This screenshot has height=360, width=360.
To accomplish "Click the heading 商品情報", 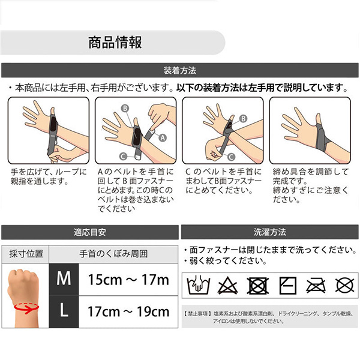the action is pos(115,42).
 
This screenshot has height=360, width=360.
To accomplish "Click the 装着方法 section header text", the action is pos(180,70).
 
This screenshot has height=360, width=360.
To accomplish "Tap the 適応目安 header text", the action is pos(90,232).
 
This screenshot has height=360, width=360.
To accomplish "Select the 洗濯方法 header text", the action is pos(270,232).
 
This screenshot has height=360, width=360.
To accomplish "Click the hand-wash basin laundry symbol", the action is pos(199,285).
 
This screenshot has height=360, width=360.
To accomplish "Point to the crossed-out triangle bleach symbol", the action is pos(227,286).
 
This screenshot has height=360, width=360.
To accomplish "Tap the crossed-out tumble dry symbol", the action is pos(257,286).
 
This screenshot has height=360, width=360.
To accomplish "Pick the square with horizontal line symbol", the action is pos(287,286).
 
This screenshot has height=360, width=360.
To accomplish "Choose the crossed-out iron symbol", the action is pos(316,286).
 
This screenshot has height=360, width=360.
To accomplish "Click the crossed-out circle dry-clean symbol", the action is pos(344,286).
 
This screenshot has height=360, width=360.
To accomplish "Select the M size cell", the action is pos(64,279).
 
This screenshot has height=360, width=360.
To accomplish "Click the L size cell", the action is pos(64,311).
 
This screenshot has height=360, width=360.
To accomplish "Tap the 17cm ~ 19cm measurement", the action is pos(128,311).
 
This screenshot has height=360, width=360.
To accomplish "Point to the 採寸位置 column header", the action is pos(26,254).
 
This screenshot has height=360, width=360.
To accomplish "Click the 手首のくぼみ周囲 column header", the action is pos(113,254).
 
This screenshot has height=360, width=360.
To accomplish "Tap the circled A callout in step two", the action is pos(163,138).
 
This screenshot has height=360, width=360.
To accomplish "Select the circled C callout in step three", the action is pos(231,157).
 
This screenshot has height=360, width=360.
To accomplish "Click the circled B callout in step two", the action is pos(125,108).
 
